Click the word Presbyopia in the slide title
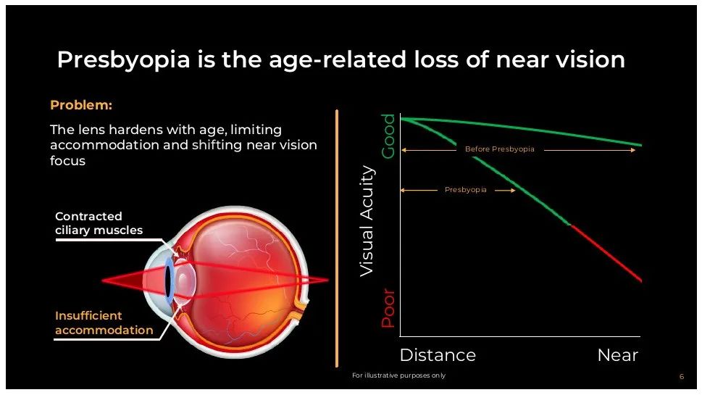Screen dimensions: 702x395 coord(124,59)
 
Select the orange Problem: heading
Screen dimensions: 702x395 coord(81,105)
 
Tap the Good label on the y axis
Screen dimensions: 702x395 coord(388,136)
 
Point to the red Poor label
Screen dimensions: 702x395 coord(388,309)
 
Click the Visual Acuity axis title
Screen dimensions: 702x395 coord(367,221)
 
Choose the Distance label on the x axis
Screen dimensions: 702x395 coord(438,355)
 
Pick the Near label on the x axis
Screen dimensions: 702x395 coord(618,355)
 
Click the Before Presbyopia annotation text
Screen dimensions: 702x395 coord(500,149)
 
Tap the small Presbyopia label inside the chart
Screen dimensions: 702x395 coord(466,190)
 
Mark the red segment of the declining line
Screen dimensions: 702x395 coord(606,253)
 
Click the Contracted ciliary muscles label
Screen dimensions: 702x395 coord(99,223)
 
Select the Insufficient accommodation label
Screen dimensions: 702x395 coord(104,323)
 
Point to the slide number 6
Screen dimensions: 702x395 coord(682,377)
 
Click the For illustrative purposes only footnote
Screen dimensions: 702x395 coord(399,375)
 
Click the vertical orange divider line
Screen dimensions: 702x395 coord(337,238)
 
